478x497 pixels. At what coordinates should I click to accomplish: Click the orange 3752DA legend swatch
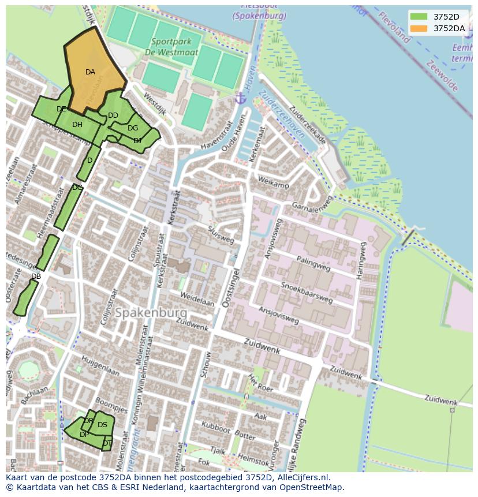(419, 28)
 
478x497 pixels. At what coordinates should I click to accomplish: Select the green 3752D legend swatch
(419, 17)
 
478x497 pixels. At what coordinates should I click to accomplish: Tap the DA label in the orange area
(90, 72)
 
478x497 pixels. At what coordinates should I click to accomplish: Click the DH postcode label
(77, 125)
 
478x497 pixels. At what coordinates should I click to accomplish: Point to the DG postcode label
(133, 128)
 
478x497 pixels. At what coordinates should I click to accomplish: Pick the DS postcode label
(102, 425)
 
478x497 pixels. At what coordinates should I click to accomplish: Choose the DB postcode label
(36, 276)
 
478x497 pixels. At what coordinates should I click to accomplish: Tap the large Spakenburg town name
(151, 313)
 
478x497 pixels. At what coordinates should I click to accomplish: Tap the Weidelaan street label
(197, 299)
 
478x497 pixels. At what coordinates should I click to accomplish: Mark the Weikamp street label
(273, 184)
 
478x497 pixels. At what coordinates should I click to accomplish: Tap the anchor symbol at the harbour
(241, 98)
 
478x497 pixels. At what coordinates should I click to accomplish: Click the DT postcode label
(107, 443)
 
